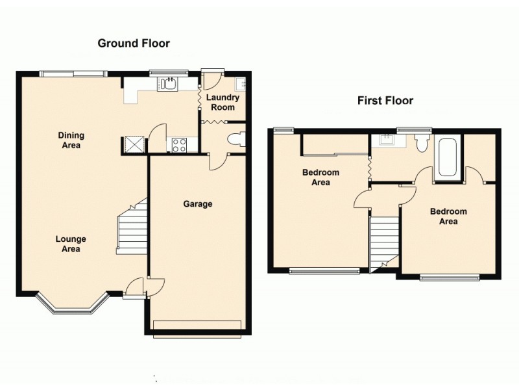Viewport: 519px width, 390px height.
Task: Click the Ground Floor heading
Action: point(134,44)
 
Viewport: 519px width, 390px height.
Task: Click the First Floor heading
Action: point(385,101)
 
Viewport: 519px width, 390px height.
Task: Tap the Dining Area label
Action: point(71,140)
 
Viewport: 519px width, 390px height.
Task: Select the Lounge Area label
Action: point(70,244)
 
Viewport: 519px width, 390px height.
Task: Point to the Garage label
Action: point(197,204)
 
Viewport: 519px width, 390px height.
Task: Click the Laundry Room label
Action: point(223,102)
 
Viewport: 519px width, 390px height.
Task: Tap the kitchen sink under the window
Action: point(170,83)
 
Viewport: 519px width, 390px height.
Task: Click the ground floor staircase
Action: point(132,227)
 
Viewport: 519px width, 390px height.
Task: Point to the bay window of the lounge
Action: point(70,307)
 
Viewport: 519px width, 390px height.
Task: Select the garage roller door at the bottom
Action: point(199,326)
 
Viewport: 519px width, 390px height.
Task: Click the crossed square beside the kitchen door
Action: point(134,144)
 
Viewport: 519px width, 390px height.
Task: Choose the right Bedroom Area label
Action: point(449,216)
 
